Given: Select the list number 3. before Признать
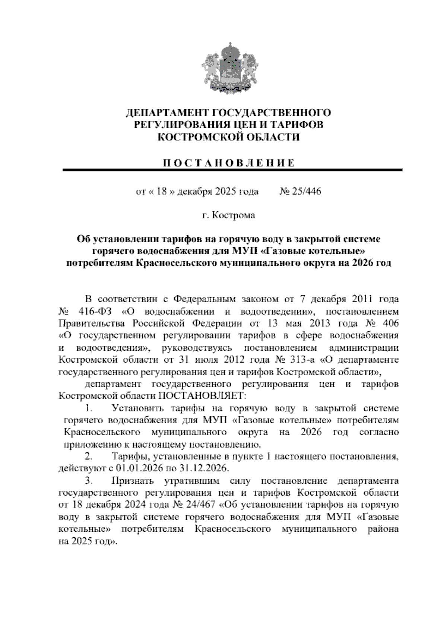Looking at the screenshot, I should click(x=88, y=480).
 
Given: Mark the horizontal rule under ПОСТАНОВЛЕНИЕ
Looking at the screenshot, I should click(x=232, y=170).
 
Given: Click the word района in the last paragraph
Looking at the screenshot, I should click(x=383, y=529).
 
